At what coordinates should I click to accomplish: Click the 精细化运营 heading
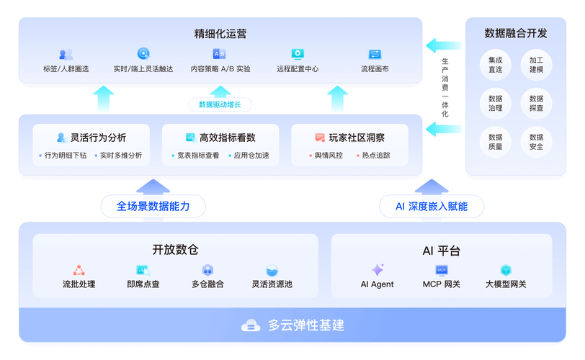pyautogui.click(x=220, y=34)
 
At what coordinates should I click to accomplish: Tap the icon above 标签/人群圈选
pyautogui.click(x=66, y=54)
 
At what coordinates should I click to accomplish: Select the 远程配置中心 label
pyautogui.click(x=298, y=69)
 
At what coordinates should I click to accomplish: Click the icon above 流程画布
pyautogui.click(x=375, y=54)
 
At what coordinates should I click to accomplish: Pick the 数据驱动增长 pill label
pyautogui.click(x=220, y=104)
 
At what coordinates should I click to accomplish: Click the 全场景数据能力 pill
pyautogui.click(x=153, y=206)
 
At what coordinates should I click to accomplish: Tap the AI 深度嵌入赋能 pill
pyautogui.click(x=432, y=206)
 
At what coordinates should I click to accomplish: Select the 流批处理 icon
pyautogui.click(x=79, y=270)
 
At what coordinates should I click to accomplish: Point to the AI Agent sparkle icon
pyautogui.click(x=377, y=270)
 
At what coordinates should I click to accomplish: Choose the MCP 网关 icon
pyautogui.click(x=441, y=270)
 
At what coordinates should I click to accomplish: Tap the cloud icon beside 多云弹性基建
pyautogui.click(x=251, y=325)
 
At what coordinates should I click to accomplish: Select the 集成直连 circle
pyautogui.click(x=495, y=65)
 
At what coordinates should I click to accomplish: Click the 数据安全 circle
pyautogui.click(x=536, y=142)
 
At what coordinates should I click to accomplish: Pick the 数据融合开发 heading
pyautogui.click(x=515, y=33)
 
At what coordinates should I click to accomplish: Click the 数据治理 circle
pyautogui.click(x=495, y=103)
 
